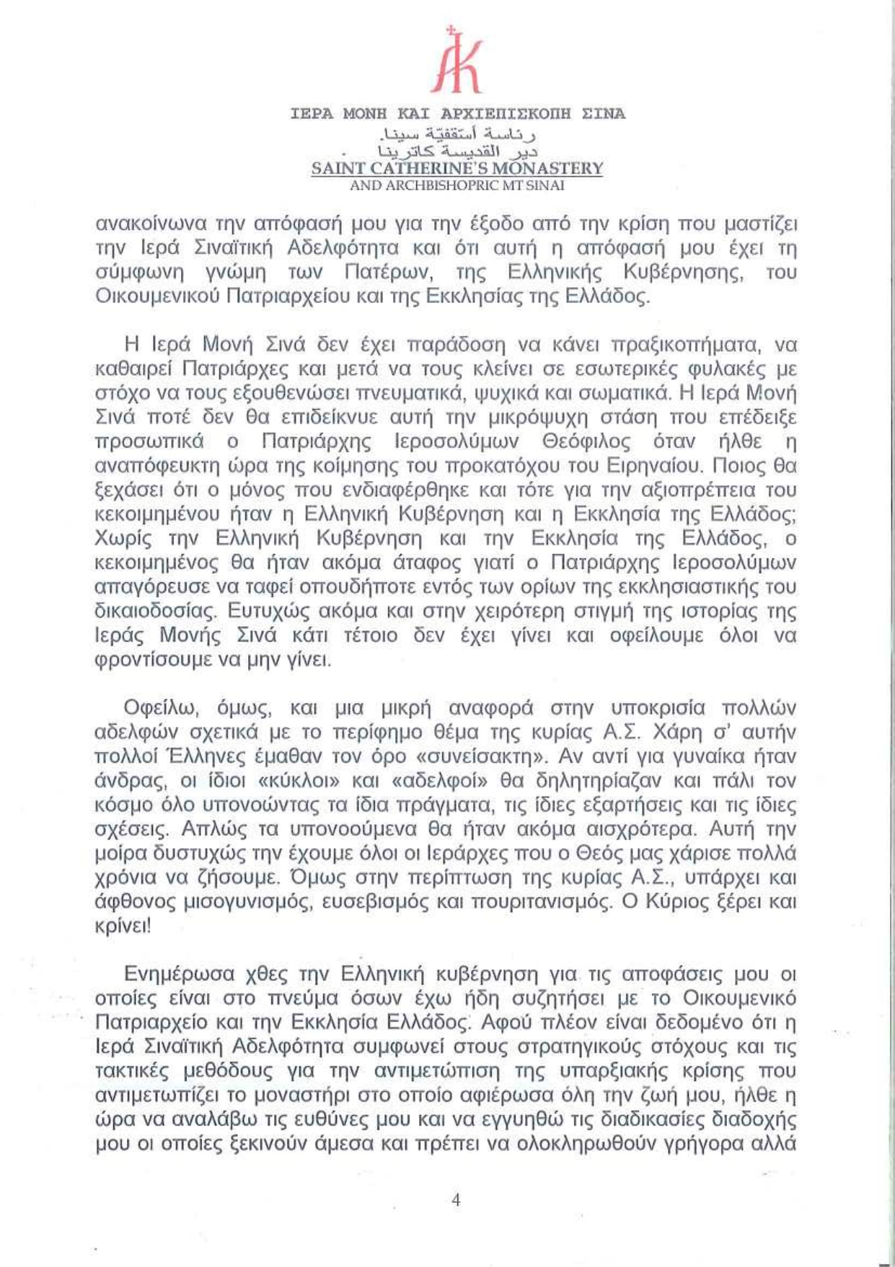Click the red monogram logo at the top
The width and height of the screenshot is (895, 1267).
[x=457, y=61]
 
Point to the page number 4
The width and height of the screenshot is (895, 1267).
[x=455, y=1200]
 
